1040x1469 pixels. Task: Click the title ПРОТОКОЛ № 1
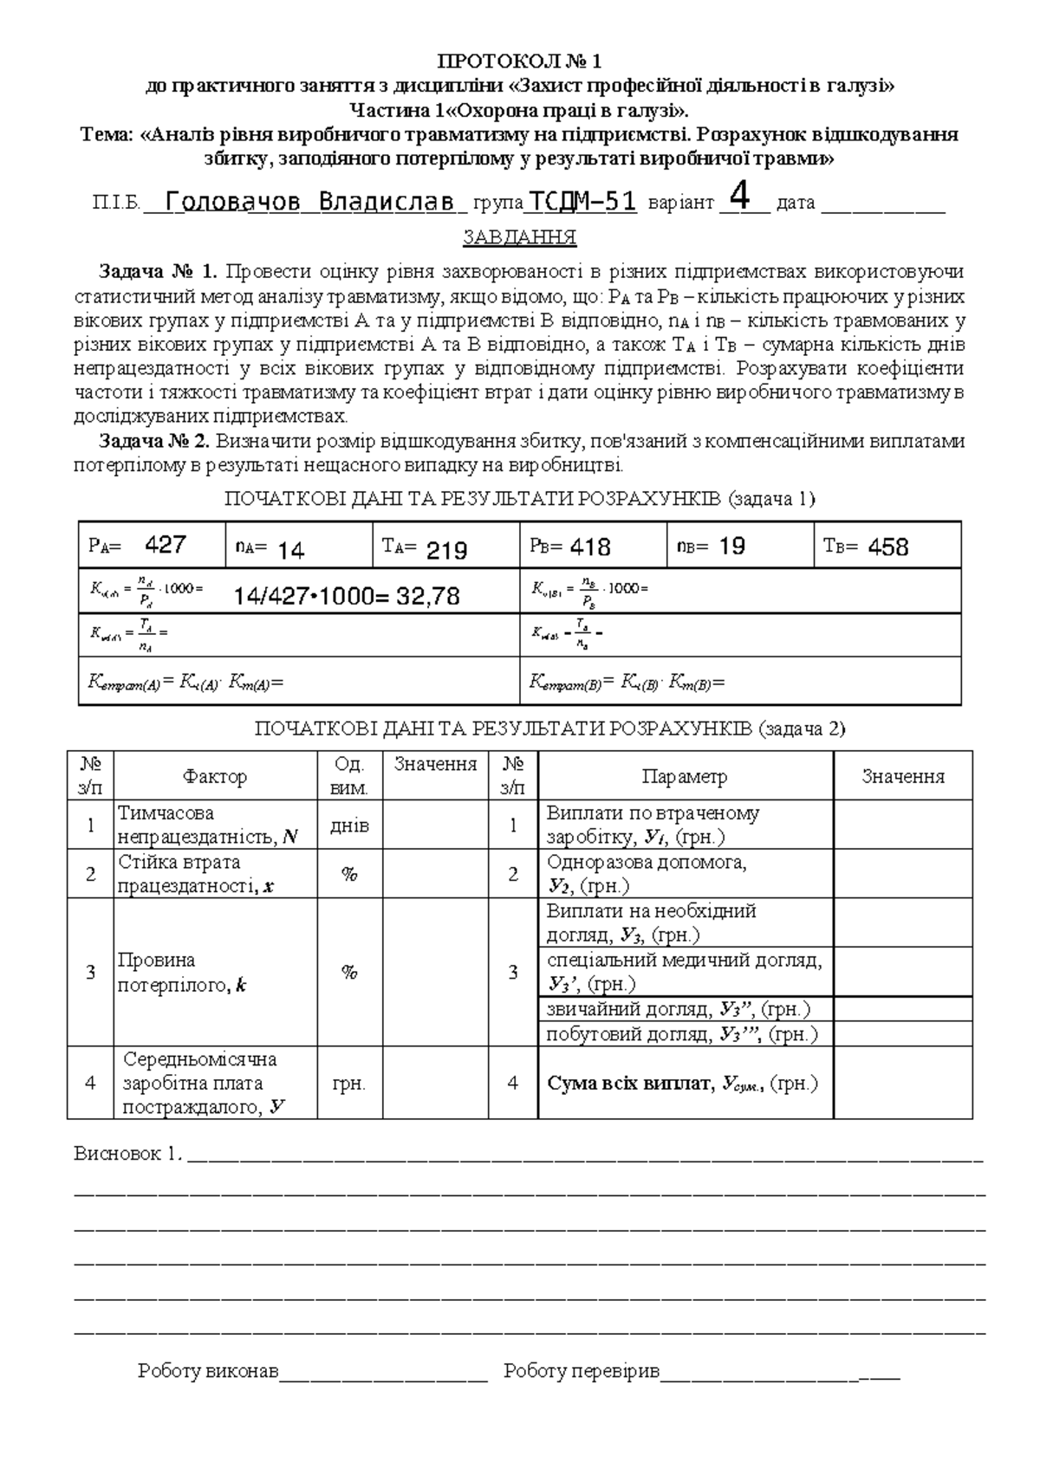click(519, 61)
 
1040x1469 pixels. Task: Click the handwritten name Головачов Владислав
click(309, 203)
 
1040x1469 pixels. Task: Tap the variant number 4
click(739, 196)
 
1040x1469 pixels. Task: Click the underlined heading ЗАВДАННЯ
click(519, 237)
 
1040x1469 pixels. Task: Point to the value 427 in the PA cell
click(165, 545)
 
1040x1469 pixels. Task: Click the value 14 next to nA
click(291, 550)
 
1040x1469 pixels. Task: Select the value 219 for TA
click(446, 550)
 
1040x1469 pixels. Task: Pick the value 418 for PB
click(590, 547)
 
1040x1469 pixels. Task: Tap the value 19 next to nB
click(732, 546)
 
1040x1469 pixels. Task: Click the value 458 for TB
click(887, 547)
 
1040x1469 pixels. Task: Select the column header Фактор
click(215, 777)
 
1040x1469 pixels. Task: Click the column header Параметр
click(685, 777)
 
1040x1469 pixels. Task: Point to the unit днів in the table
click(349, 825)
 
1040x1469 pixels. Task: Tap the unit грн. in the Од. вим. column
click(349, 1084)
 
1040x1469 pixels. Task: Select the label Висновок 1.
click(127, 1154)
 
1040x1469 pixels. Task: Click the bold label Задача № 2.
click(154, 441)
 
